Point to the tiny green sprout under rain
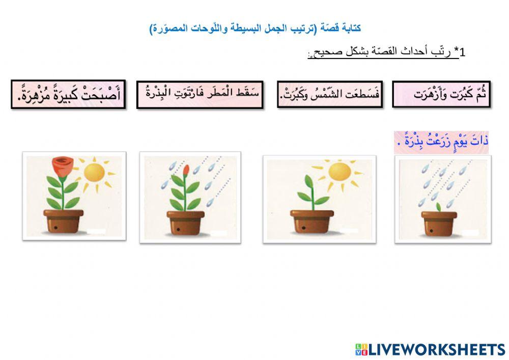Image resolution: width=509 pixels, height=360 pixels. (x=437, y=207)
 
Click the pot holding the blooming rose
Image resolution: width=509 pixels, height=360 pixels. (x=63, y=220)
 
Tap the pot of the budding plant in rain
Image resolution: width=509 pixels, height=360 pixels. (x=186, y=222)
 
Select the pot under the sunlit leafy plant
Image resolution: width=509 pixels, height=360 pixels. (x=312, y=222)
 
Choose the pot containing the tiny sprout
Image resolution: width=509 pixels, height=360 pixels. (x=438, y=222)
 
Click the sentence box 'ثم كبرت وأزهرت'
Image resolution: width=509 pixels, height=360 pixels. (x=441, y=94)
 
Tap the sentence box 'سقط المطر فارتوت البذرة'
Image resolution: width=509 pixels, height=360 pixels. (x=200, y=94)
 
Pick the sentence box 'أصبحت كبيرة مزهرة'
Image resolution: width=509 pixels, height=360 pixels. (x=68, y=94)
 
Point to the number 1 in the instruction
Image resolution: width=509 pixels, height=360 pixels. (x=463, y=52)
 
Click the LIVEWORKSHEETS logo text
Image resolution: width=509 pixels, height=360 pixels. (x=437, y=349)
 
